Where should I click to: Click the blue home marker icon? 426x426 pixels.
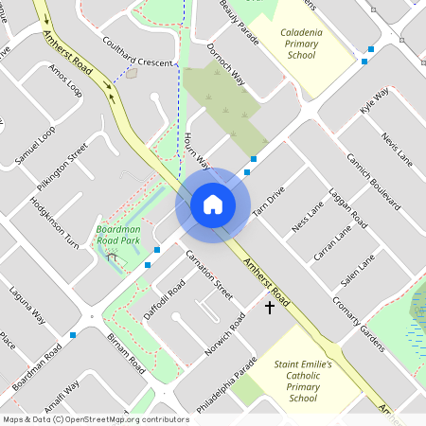[213, 204]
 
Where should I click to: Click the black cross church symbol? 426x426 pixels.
[269, 308]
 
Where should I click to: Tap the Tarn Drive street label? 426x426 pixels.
[270, 205]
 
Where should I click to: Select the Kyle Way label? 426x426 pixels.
[375, 101]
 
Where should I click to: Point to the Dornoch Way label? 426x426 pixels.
[225, 67]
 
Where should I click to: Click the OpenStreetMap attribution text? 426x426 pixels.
[96, 419]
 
